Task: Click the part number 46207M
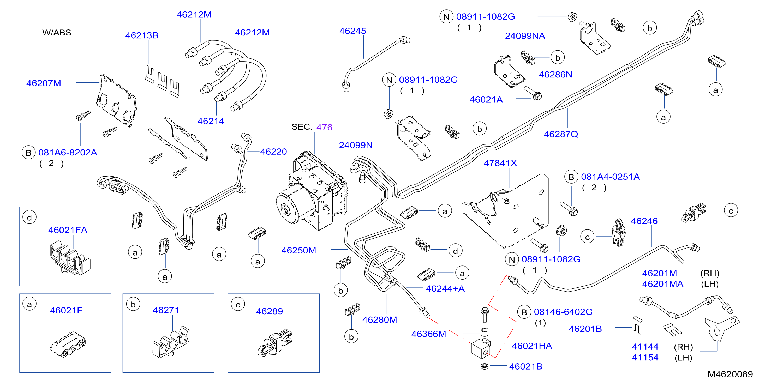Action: pyautogui.click(x=44, y=83)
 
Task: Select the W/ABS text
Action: pyautogui.click(x=57, y=33)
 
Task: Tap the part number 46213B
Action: pyautogui.click(x=142, y=35)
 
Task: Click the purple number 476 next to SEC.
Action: pyautogui.click(x=324, y=127)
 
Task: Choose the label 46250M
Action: pyautogui.click(x=298, y=250)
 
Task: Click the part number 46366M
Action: pyautogui.click(x=429, y=334)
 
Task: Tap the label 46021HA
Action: pyautogui.click(x=532, y=346)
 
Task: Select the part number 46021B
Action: pyautogui.click(x=525, y=366)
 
